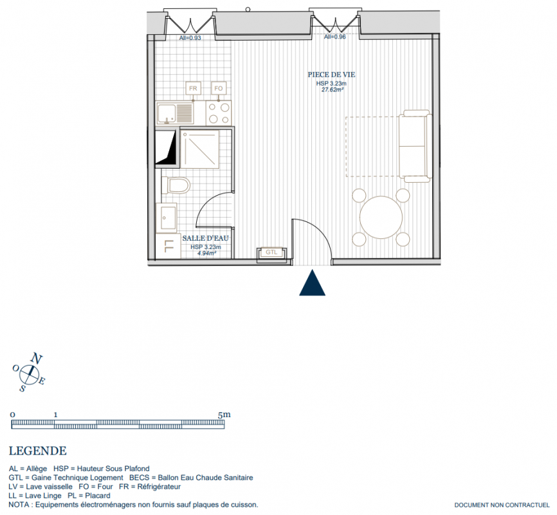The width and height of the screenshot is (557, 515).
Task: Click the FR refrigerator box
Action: coord(193,88)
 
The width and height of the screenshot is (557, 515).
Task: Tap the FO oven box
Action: coord(219,88)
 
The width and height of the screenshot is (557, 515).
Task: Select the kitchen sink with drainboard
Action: coord(175,113)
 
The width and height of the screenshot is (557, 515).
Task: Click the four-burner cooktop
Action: coord(219,113)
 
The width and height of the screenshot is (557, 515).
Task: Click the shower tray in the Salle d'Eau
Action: coord(200,149)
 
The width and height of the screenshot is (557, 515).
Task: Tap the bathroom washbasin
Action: coord(166,218)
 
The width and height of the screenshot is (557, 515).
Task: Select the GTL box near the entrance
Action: coord(272,252)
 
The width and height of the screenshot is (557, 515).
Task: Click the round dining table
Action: coord(381,218)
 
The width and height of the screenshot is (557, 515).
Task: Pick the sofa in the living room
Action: coord(415,146)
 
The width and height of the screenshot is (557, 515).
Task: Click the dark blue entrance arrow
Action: coord(312,283)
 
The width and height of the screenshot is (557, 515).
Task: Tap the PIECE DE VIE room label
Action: coord(331,75)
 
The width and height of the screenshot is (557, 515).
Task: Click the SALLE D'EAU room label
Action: coord(205,238)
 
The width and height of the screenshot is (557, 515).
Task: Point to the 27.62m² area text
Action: coord(333,89)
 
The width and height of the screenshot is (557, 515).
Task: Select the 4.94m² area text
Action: coord(206,253)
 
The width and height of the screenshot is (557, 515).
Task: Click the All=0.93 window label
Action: coord(190,38)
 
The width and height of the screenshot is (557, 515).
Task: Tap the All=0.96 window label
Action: coord(334,37)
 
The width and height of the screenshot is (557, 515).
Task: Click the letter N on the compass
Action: coord(37,358)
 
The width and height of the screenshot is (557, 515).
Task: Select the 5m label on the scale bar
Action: coord(224,415)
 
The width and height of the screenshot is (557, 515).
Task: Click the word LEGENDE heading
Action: coord(38,451)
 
